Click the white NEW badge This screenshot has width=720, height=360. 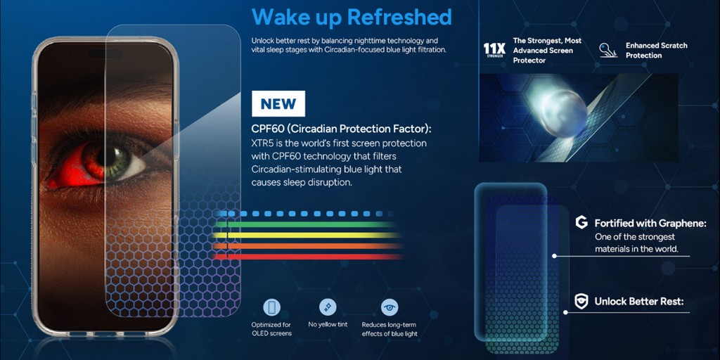point(278,103)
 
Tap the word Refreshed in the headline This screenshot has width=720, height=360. point(399,17)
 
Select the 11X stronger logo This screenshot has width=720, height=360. point(494,50)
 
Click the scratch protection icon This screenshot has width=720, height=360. point(608,51)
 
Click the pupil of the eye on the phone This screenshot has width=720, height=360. point(110,157)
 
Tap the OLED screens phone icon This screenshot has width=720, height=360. point(271,307)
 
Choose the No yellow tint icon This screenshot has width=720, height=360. point(328,307)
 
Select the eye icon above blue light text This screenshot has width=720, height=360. point(390,307)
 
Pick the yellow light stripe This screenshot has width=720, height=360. point(308,235)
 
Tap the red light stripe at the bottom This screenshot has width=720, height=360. point(308,257)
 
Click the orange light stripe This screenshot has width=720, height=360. point(308,246)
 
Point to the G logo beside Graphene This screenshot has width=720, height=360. point(581,223)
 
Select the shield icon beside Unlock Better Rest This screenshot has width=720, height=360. point(581,301)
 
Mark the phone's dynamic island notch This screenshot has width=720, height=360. point(105,53)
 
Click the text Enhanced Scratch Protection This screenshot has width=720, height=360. point(656,51)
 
